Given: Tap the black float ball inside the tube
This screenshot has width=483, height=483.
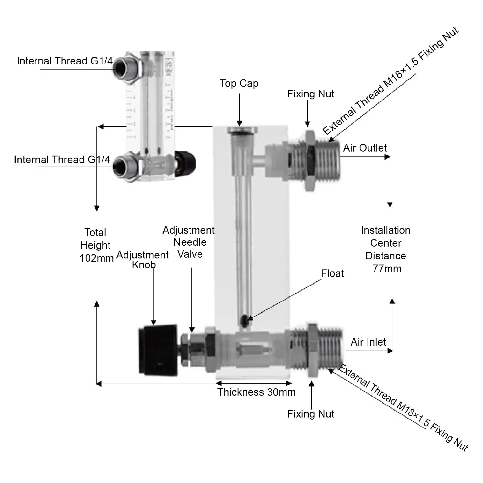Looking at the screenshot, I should tap(245, 320).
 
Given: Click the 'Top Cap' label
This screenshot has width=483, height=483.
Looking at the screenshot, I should tap(239, 83).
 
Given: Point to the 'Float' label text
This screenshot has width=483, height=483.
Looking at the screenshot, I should tap(332, 274).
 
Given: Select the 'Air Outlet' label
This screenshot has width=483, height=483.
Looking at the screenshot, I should tap(365, 148).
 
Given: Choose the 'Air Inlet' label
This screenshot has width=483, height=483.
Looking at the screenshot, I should tap(368, 342).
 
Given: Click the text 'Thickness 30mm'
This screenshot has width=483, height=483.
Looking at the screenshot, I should tap(256, 392).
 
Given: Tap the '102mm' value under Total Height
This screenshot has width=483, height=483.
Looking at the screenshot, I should tap(96, 258).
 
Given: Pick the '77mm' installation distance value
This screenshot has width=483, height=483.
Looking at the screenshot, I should tap(387, 269).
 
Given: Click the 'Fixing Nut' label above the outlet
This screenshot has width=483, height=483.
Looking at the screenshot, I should tap(310, 94).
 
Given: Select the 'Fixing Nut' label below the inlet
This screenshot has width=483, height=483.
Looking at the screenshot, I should tap(310, 414).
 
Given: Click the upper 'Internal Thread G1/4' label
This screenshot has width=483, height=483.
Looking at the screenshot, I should tap(65, 61).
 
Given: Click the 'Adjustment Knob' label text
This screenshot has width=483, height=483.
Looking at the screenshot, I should tap(142, 260).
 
